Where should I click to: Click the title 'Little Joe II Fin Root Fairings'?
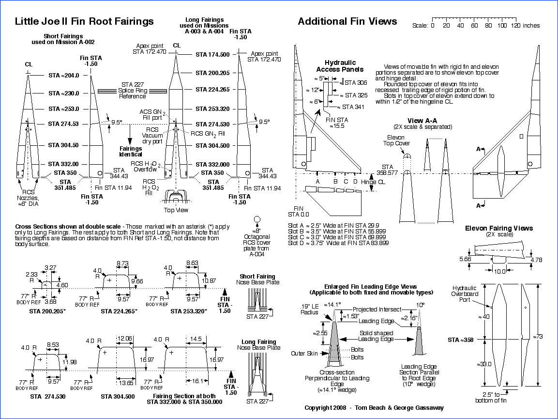click(84, 21)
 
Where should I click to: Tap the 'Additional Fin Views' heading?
click(347, 21)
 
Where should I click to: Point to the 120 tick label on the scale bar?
click(516, 26)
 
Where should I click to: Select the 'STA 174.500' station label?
click(212, 55)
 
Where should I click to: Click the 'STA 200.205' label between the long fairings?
click(212, 73)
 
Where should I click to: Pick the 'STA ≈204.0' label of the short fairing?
click(64, 76)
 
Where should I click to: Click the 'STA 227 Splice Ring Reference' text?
click(132, 90)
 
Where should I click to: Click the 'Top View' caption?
click(177, 210)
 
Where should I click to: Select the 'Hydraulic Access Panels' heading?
click(340, 66)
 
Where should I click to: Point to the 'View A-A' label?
click(422, 120)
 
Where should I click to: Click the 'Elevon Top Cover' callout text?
click(396, 140)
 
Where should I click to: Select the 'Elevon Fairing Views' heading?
click(499, 228)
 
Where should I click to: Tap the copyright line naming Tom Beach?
click(374, 408)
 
